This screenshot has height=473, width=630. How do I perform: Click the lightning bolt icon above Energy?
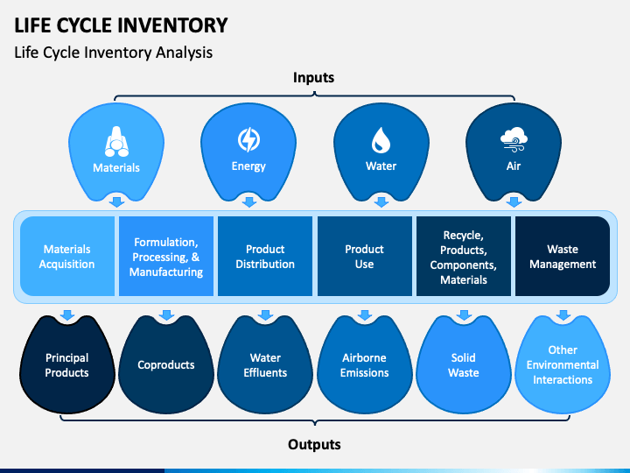click(248, 139)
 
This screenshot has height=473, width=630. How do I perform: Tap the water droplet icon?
click(381, 140)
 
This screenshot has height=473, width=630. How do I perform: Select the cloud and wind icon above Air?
click(514, 139)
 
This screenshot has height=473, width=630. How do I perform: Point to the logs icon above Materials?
click(116, 141)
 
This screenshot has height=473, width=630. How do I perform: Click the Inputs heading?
click(313, 77)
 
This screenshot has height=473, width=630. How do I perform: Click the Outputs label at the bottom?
click(314, 444)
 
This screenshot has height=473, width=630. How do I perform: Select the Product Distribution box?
click(265, 256)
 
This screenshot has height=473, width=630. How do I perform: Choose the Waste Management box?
click(563, 256)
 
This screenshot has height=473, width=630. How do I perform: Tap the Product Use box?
click(364, 256)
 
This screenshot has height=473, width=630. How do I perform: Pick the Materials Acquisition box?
click(67, 256)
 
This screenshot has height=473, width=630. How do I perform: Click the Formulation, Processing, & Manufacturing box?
click(166, 256)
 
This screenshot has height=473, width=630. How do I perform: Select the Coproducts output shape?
click(166, 364)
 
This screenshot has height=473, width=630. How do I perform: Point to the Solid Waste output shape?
click(463, 364)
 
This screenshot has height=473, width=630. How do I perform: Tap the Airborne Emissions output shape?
click(364, 364)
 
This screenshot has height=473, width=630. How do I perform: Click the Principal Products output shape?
click(67, 364)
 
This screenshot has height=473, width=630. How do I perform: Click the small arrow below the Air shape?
click(514, 202)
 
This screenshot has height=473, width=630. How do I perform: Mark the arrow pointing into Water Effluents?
click(265, 315)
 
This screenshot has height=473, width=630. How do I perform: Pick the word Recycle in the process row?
click(463, 236)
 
